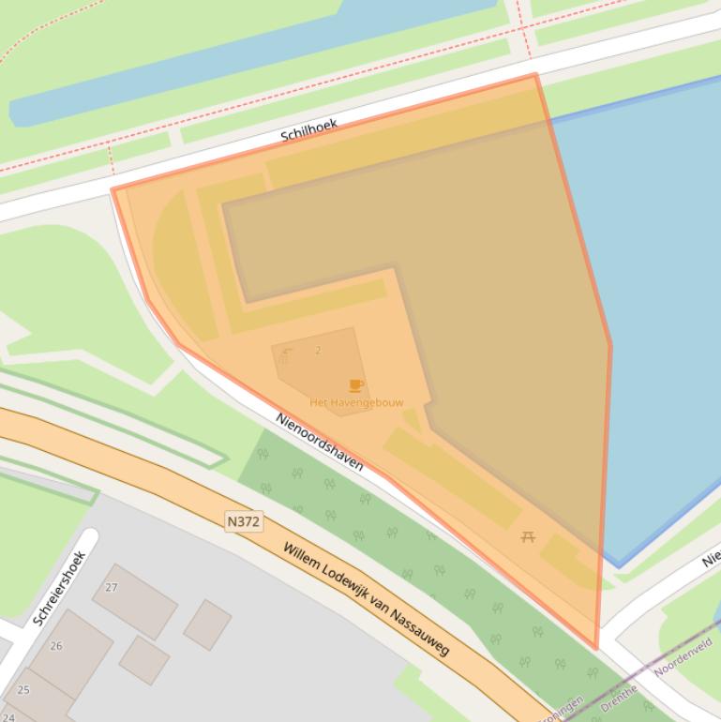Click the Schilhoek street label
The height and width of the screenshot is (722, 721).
click(308, 130)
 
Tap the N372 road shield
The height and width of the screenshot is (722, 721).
click(243, 520)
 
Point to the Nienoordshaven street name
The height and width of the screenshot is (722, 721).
click(319, 442)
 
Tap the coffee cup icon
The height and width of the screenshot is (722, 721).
click(356, 385)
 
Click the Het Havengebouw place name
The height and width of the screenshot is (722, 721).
click(356, 402)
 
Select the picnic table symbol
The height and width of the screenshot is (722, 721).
click(528, 537)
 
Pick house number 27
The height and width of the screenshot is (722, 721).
click(112, 588)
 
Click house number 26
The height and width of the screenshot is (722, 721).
click(56, 646)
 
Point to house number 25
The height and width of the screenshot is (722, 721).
click(23, 690)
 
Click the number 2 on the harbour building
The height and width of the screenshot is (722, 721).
click(318, 351)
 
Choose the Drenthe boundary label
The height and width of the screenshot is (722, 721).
click(619, 695)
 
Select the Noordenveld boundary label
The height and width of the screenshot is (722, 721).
click(683, 656)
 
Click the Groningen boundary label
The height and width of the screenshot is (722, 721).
click(563, 710)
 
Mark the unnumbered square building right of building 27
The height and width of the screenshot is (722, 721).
click(207, 624)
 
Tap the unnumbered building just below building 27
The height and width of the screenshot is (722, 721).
click(143, 659)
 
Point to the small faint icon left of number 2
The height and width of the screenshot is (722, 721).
click(286, 354)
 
